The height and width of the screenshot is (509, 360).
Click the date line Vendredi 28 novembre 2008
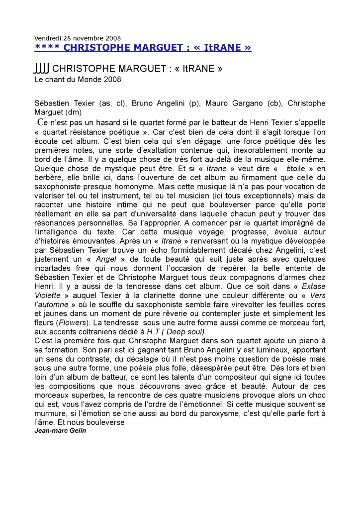click(x=78, y=38)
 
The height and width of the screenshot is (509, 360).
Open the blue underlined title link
click(x=143, y=47)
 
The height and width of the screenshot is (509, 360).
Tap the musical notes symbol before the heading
click(x=42, y=69)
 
